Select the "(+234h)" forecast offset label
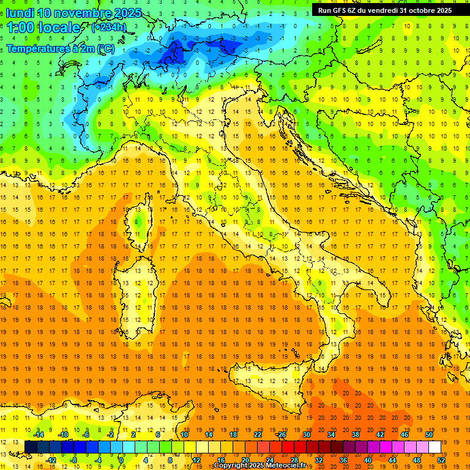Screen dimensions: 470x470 pyautogui.click(x=109, y=28)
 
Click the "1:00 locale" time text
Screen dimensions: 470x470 pyautogui.click(x=43, y=28)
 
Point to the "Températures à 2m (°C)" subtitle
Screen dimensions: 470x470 pyautogui.click(x=60, y=48)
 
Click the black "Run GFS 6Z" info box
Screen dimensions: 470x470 pyautogui.click(x=384, y=10)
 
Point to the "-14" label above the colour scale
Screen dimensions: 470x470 pyautogui.click(x=39, y=435)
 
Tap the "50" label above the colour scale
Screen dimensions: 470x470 pyautogui.click(x=429, y=435)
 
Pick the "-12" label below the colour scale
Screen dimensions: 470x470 pyautogui.click(x=51, y=460)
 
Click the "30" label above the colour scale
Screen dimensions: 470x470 pyautogui.click(x=306, y=435)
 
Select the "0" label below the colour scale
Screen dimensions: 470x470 pyautogui.click(x=121, y=460)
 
